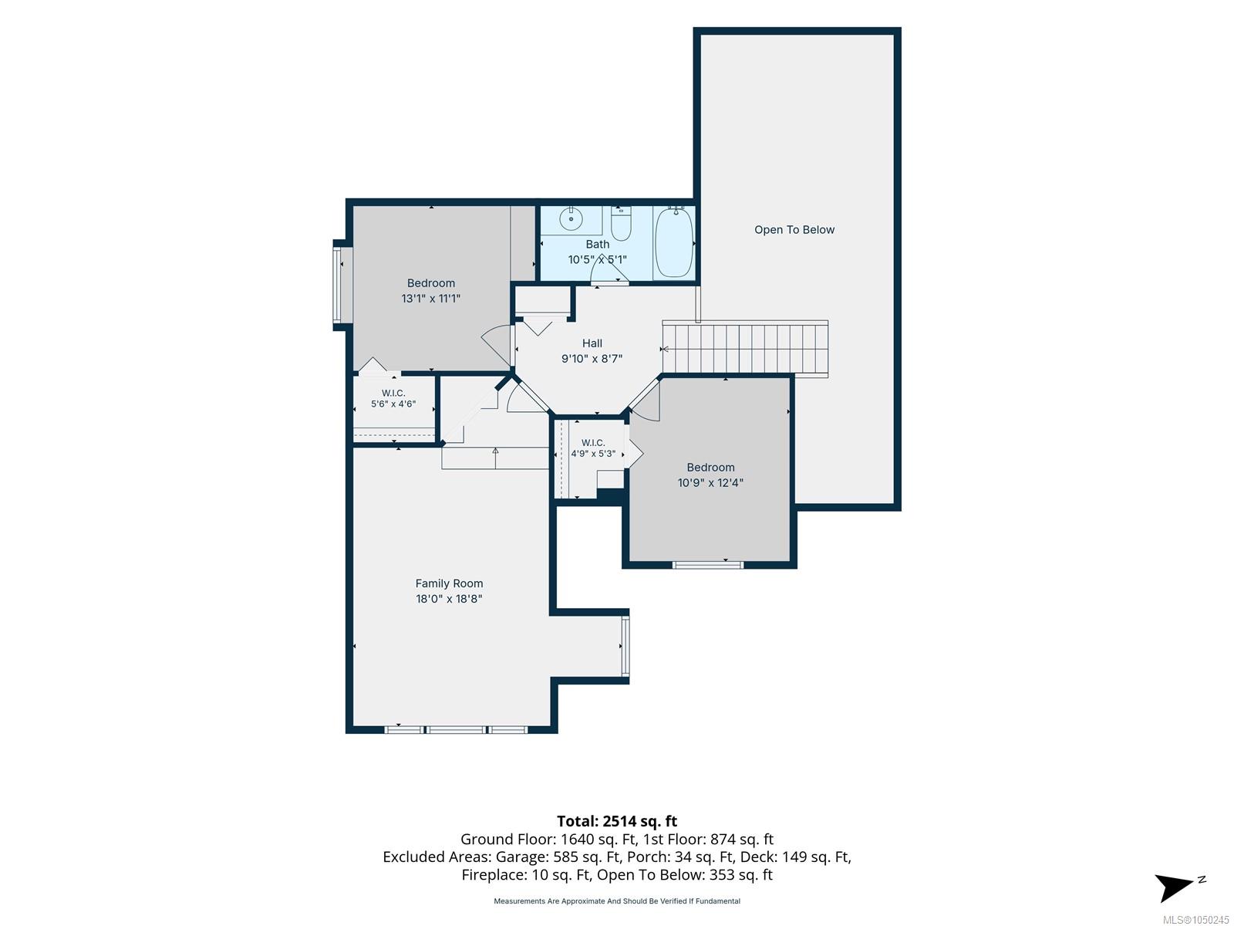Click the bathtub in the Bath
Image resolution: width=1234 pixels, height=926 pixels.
pyautogui.click(x=673, y=242)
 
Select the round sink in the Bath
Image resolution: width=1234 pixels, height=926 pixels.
pyautogui.click(x=571, y=218)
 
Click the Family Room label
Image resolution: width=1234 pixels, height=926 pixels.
pyautogui.click(x=449, y=583)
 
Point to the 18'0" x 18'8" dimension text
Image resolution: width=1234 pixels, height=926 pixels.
pyautogui.click(x=449, y=599)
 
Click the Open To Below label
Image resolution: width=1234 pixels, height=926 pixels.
pyautogui.click(x=794, y=229)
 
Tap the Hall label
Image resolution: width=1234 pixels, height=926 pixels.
pyautogui.click(x=592, y=343)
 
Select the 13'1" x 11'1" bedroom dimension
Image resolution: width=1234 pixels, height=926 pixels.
pyautogui.click(x=430, y=299)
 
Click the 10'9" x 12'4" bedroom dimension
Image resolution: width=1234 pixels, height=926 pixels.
pyautogui.click(x=710, y=482)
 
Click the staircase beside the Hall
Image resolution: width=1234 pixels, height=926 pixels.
pyautogui.click(x=745, y=348)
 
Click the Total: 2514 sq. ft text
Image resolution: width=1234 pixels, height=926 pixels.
pyautogui.click(x=617, y=821)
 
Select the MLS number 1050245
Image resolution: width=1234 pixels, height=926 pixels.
pyautogui.click(x=1195, y=920)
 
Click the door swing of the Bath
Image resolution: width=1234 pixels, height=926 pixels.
pyautogui.click(x=609, y=269)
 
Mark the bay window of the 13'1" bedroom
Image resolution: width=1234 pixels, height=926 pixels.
pyautogui.click(x=342, y=285)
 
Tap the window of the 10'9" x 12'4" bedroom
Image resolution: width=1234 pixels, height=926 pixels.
pyautogui.click(x=708, y=565)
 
